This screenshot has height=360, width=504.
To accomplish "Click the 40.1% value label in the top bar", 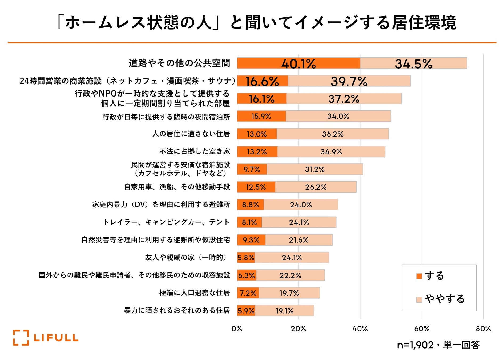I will pos(299,64).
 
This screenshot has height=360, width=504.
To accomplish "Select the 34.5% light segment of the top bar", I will pos(413,63).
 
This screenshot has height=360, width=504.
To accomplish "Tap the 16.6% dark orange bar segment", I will pos(262,81).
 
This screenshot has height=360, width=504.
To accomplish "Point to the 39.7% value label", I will pos(349,81).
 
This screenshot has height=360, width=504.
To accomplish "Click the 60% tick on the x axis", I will pos(422,329).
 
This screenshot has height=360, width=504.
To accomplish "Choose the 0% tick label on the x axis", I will pos(237,329).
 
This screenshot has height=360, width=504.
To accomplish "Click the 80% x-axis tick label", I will pos(483,329).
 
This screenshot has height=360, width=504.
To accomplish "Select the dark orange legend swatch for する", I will pos(419,276).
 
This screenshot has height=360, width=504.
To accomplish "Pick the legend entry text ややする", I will pos(445,299).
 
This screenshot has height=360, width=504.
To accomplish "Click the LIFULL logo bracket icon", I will pos(21,338).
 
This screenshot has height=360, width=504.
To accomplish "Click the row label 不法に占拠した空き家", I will pos(195,151).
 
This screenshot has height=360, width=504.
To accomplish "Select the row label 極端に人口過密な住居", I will pos(195,293).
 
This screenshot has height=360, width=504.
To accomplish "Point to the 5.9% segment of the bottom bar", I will pos(246,311).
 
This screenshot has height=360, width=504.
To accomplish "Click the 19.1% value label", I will pos(284,311).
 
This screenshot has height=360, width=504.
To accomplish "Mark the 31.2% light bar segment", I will pos(315,170).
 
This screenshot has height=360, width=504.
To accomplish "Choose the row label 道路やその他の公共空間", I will pos(179,63).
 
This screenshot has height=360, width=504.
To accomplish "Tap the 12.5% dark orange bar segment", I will pos(256,187).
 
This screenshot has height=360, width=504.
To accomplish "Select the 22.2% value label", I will pos(290,275).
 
